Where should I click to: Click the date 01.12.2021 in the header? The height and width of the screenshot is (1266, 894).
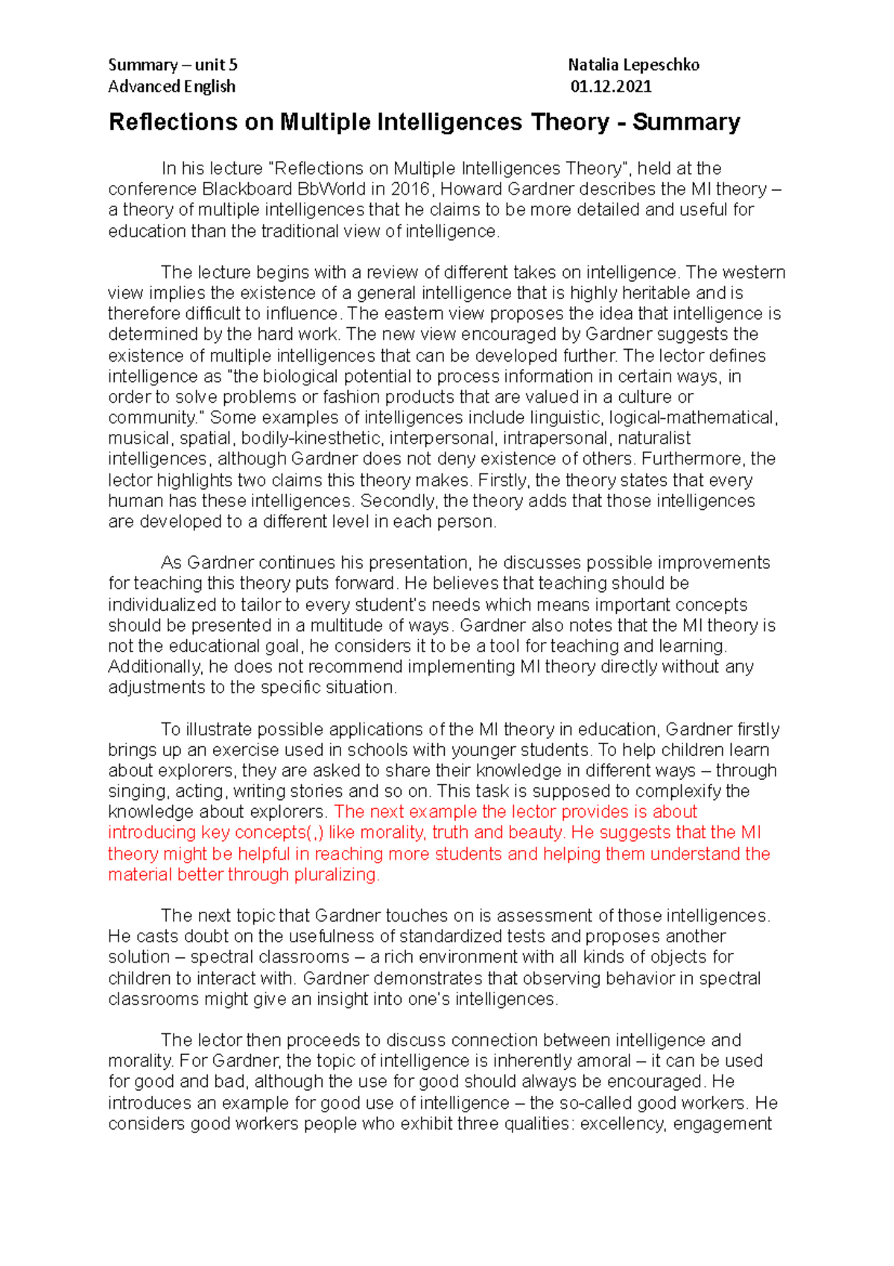coord(611,86)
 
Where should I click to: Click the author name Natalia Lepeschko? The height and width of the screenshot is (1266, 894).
coord(633,65)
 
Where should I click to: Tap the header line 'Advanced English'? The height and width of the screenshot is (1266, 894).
coord(171,86)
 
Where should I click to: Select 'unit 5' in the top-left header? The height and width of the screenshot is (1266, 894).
coord(216,65)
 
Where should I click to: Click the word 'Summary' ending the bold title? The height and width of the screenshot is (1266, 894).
coord(686,122)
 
